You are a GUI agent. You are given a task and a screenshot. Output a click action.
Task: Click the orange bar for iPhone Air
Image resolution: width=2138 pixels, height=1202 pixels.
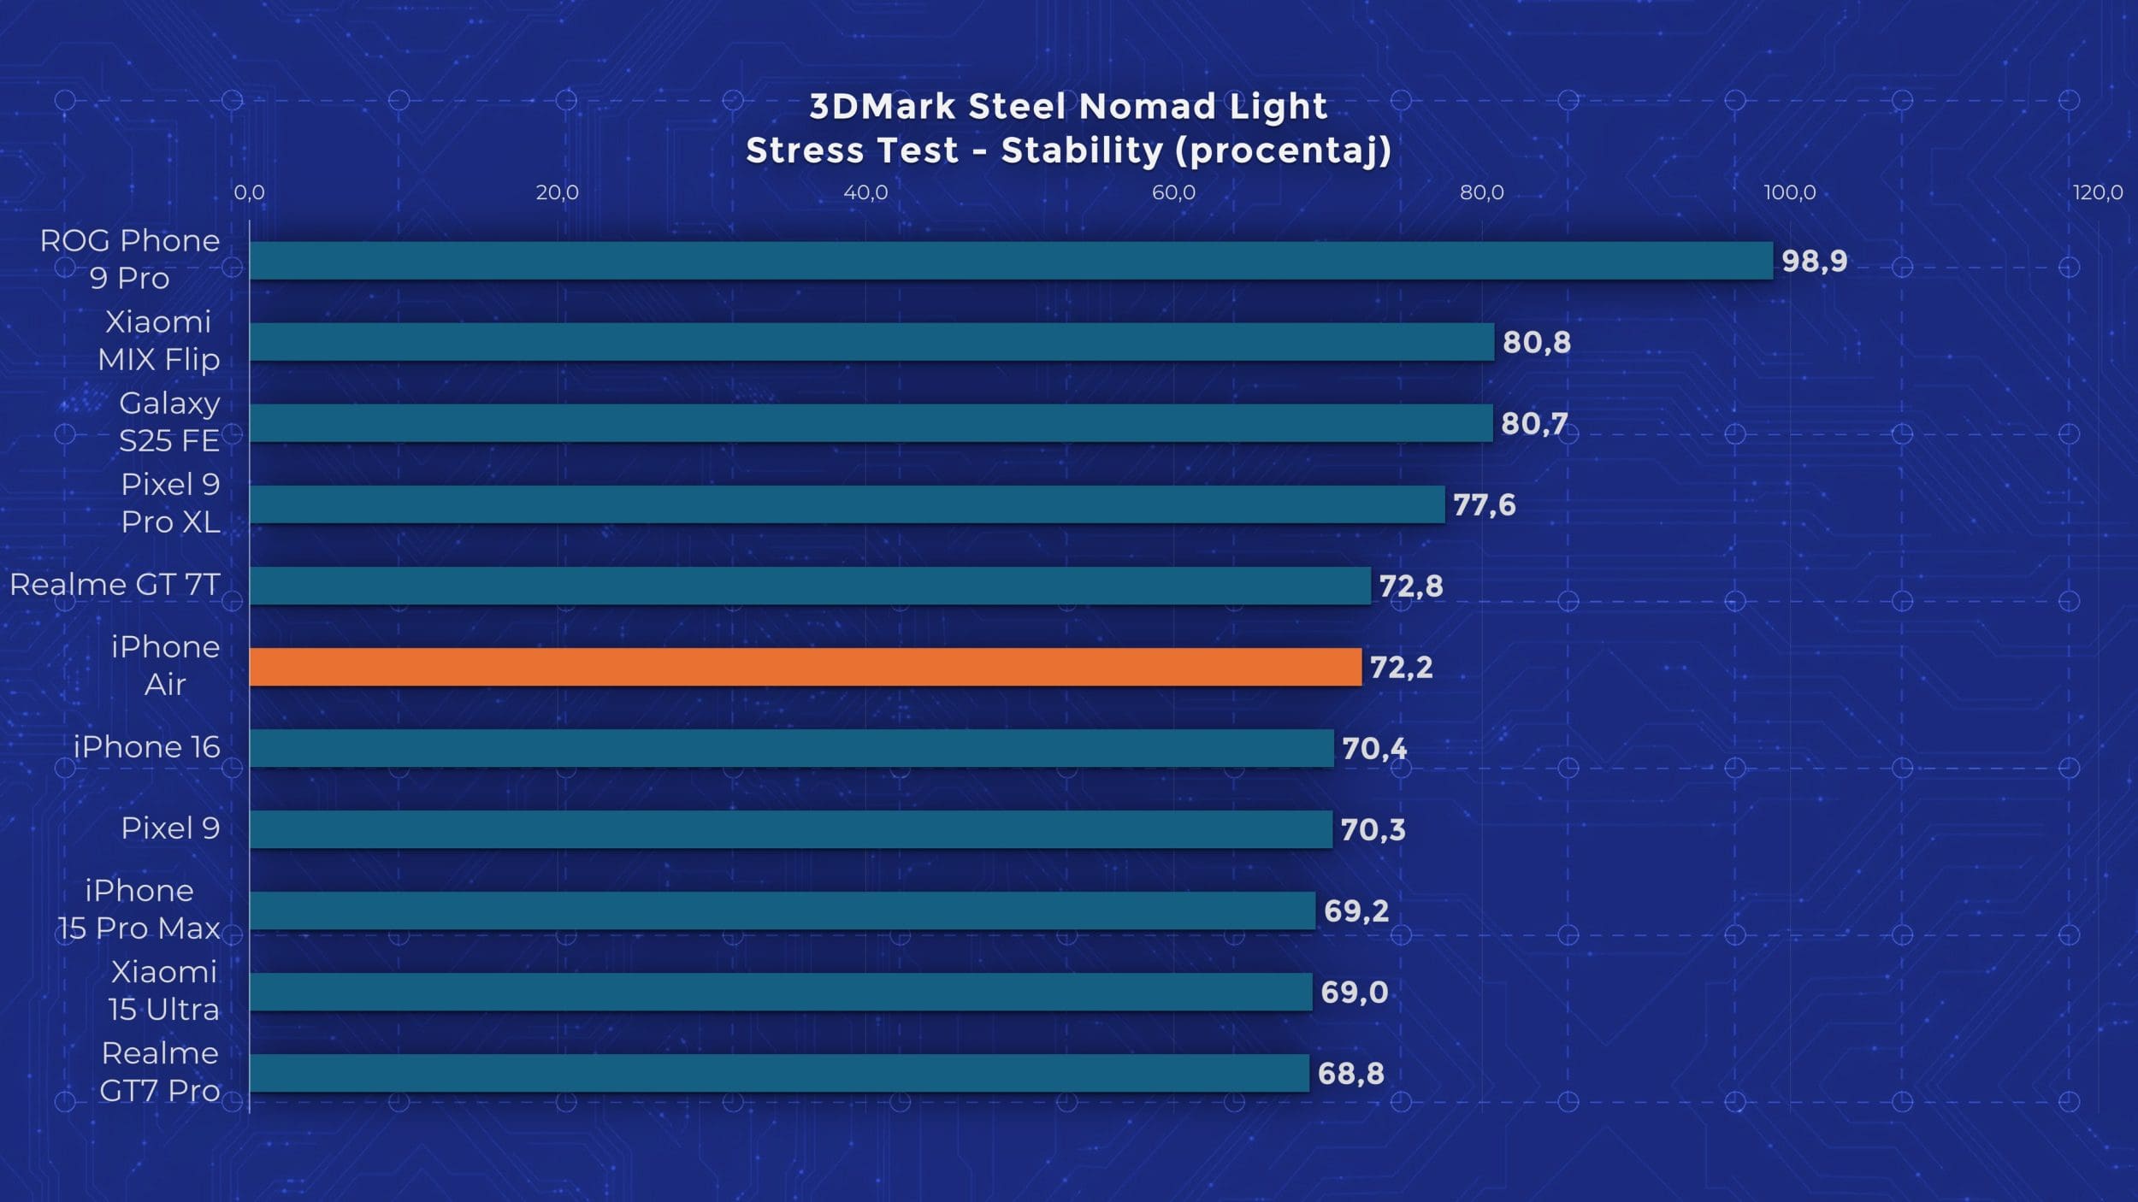(x=805, y=667)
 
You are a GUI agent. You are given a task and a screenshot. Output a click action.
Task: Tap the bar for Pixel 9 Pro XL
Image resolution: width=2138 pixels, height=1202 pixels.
(x=847, y=504)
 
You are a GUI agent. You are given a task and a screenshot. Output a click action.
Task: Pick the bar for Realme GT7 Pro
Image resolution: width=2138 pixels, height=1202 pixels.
(x=779, y=1073)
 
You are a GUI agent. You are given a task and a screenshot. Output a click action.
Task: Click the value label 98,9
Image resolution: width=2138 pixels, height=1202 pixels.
(x=1814, y=261)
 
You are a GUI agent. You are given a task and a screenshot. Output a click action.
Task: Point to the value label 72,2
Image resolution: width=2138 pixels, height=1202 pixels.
(x=1401, y=667)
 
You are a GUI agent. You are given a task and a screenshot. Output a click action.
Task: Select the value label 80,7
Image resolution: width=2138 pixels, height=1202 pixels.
(x=1534, y=423)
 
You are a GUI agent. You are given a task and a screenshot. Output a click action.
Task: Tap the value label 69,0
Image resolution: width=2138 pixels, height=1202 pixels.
(x=1354, y=992)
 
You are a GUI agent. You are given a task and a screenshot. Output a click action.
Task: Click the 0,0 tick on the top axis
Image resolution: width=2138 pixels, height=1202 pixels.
(x=249, y=192)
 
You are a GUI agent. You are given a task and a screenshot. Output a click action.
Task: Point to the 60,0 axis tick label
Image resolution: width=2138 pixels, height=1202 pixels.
(x=1173, y=192)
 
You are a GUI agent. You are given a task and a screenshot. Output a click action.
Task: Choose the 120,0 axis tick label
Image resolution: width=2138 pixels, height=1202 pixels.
(x=2097, y=192)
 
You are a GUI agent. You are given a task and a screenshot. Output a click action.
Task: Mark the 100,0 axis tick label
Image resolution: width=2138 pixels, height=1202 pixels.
(x=1789, y=192)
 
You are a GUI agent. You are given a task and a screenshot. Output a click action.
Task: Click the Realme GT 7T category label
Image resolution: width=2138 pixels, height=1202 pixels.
(x=115, y=585)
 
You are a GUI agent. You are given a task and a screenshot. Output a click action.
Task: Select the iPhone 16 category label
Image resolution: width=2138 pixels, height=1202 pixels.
(x=146, y=747)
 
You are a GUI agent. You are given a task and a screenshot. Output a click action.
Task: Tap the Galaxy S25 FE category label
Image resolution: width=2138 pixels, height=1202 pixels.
(x=168, y=421)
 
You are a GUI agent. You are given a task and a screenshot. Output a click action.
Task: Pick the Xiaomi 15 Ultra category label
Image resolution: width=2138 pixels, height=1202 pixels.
(x=163, y=991)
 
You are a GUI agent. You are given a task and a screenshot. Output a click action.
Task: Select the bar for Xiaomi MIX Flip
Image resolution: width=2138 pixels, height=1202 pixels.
(x=871, y=342)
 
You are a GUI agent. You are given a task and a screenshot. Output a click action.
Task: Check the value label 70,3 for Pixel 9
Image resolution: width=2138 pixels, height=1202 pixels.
(x=1373, y=829)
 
